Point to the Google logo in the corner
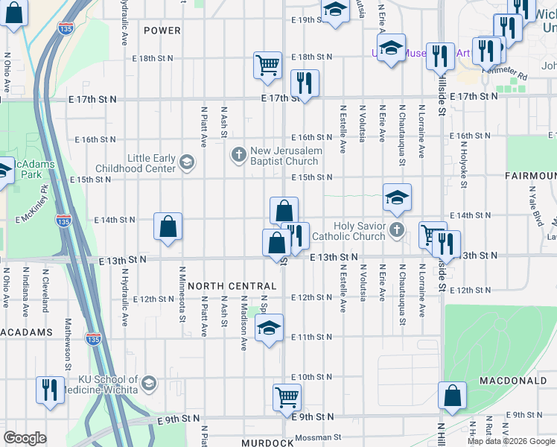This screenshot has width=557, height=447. pyautogui.click(x=25, y=438)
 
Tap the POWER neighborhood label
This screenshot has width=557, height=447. pyautogui.click(x=162, y=31)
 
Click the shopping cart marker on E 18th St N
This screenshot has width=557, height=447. pyautogui.click(x=267, y=64)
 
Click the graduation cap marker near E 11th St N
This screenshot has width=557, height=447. pyautogui.click(x=269, y=327)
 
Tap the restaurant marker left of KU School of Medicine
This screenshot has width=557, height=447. pyautogui.click(x=50, y=390)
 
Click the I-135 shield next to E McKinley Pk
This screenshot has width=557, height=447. pyautogui.click(x=64, y=221)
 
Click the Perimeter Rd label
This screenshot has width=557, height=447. pyautogui.click(x=503, y=75)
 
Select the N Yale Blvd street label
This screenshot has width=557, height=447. pyautogui.click(x=533, y=204)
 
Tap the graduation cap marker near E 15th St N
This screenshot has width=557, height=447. pyautogui.click(x=398, y=197)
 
